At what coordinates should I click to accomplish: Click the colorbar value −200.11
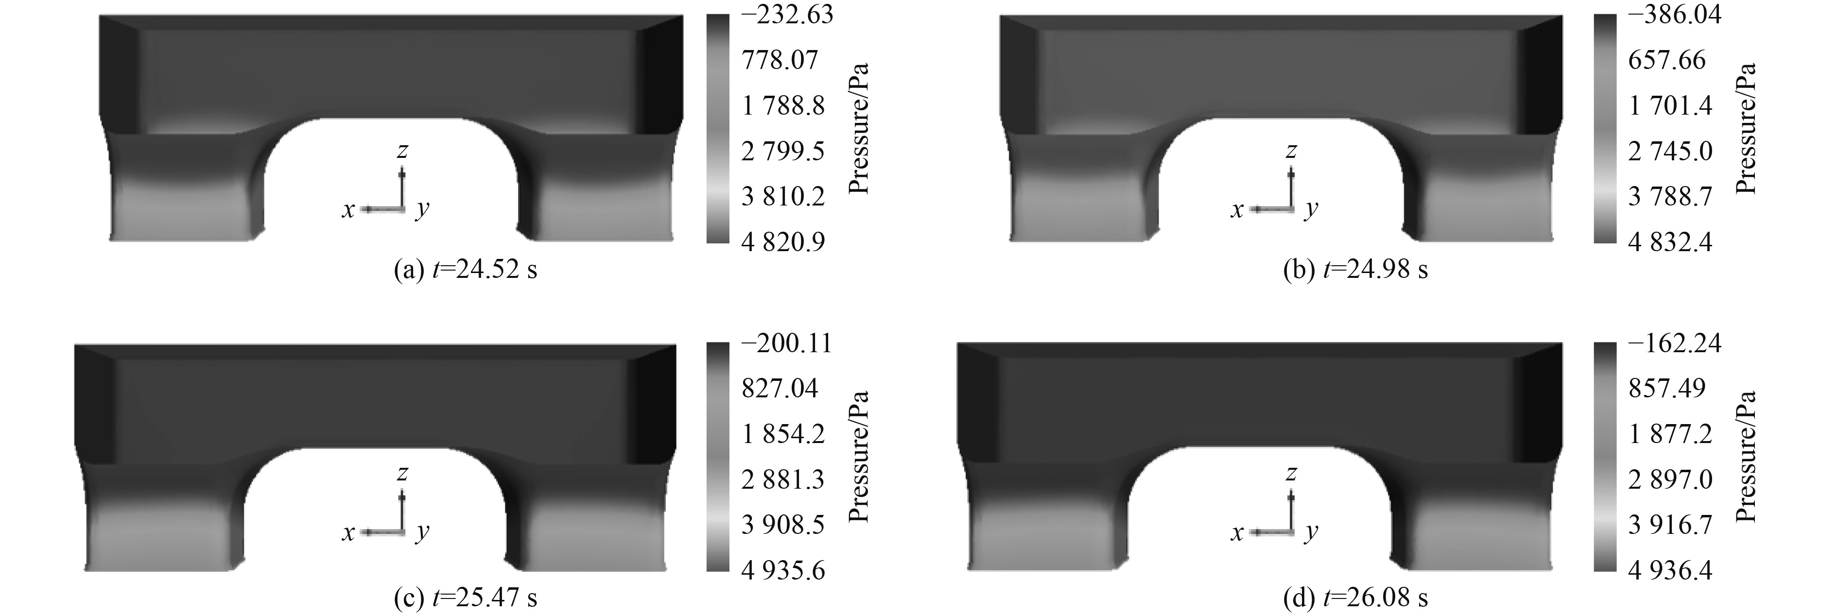click(787, 343)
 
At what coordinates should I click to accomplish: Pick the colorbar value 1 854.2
click(783, 434)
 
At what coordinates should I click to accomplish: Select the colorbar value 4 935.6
click(783, 570)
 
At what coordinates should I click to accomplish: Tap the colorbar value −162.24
click(1674, 343)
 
